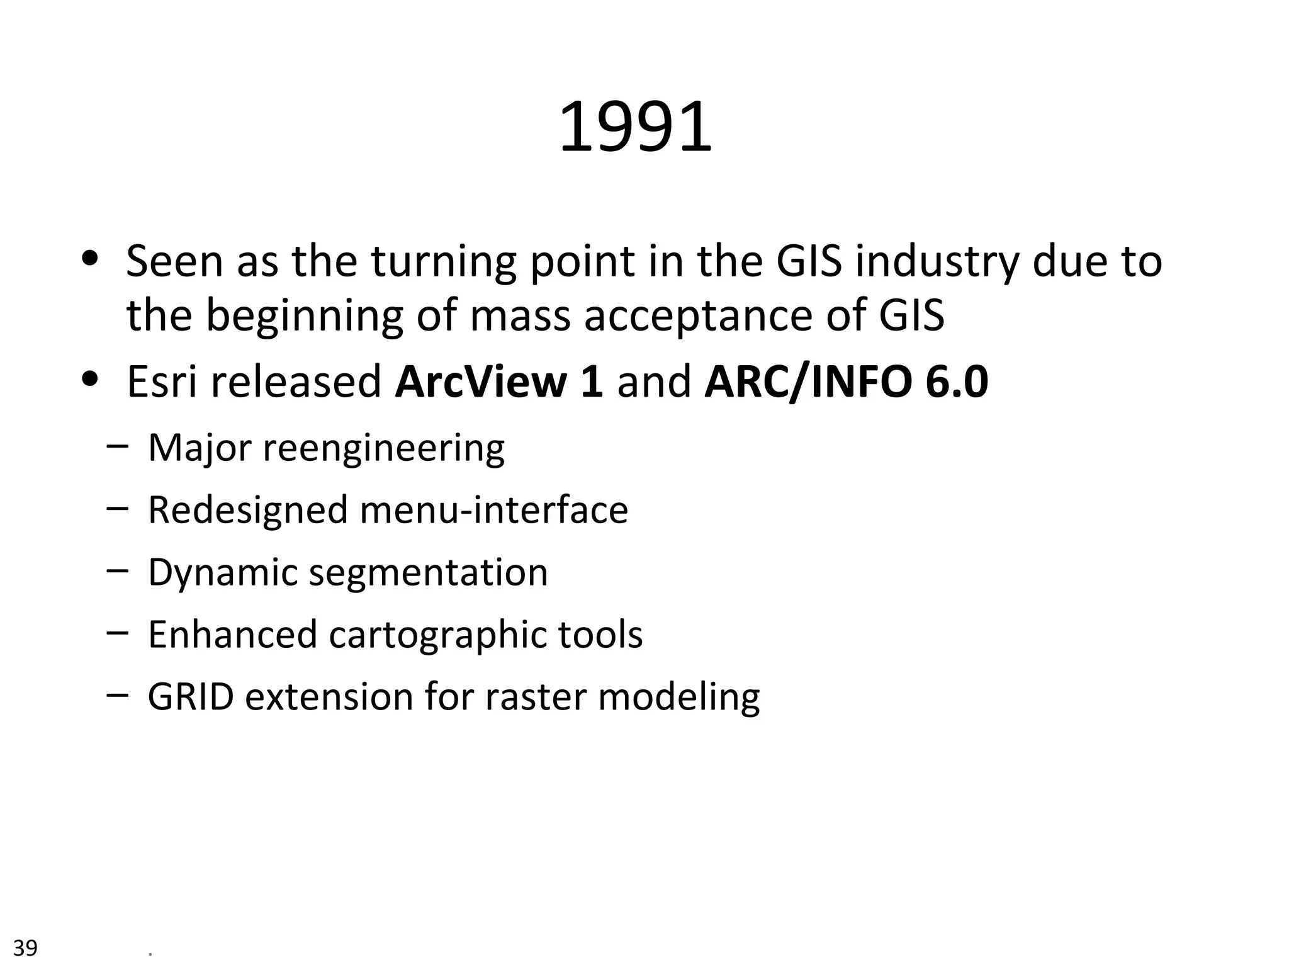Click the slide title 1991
[x=635, y=128]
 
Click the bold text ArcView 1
[x=498, y=382]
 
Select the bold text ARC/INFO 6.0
[x=846, y=382]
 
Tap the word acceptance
[x=698, y=315]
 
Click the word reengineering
[x=383, y=448]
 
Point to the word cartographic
[x=437, y=635]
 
